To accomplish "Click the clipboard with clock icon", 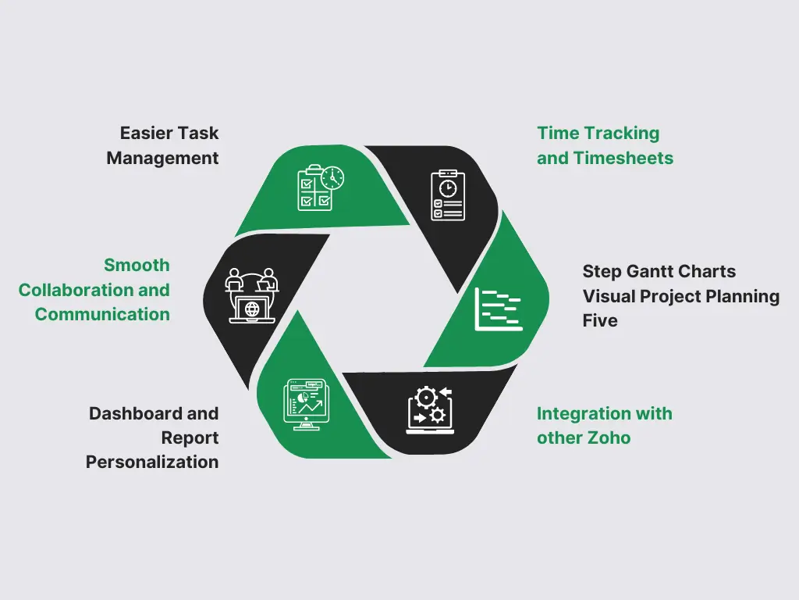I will pos(448,195).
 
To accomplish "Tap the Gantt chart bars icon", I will pos(499,309).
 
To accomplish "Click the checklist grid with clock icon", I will pos(320,187).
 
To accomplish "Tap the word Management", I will pos(162,158).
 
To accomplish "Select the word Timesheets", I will pos(623,158).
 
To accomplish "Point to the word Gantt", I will pos(648,272).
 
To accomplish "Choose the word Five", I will pos(600,320).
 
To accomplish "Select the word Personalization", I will pos(152,462).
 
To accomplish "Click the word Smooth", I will pos(137,265).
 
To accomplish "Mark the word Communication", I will pos(102,314).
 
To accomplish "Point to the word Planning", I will pos(744,296).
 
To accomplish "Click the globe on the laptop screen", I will pos(251,309).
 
